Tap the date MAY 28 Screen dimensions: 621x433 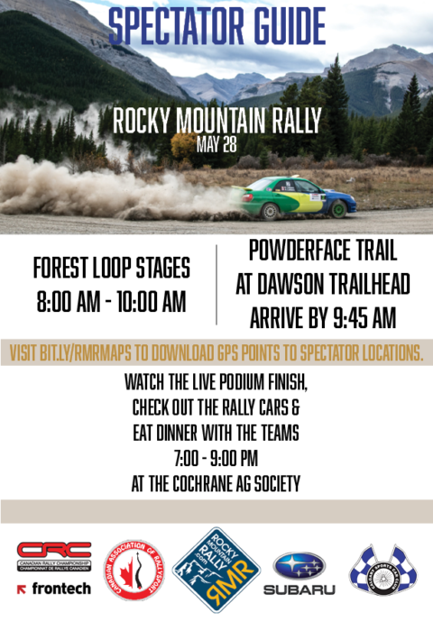tap(216, 143)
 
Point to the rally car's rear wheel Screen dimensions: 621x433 tap(269, 211)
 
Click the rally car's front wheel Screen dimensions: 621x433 tap(336, 207)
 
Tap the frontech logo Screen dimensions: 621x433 tap(54, 588)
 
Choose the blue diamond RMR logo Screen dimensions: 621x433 tap(216, 569)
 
